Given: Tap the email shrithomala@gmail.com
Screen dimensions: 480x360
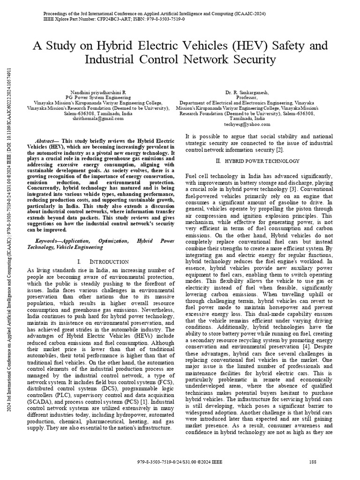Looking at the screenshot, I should point(98,119).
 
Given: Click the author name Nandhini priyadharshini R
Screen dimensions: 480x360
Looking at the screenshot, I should point(98,93).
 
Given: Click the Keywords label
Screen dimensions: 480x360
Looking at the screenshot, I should point(49,240).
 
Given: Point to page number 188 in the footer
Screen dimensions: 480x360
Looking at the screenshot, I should point(313,462).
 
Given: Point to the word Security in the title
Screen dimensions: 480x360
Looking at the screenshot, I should point(252,60).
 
